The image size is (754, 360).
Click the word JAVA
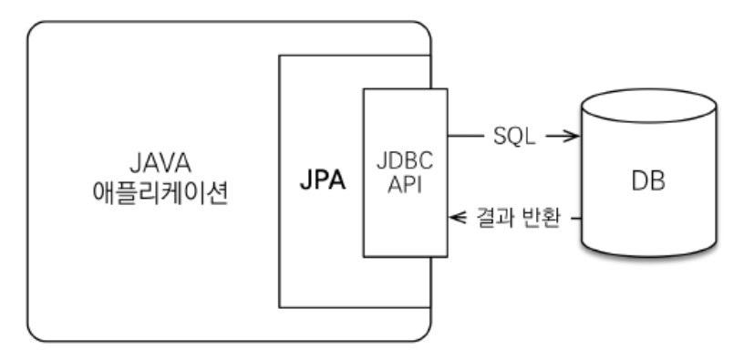[152, 168]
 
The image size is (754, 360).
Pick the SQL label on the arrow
[515, 138]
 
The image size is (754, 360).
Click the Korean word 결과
[496, 219]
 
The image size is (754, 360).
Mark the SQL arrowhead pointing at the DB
[573, 138]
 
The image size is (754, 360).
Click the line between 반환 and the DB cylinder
[573, 219]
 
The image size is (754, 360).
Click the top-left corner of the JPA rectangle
[279, 56]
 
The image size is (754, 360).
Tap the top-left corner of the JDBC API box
[363, 88]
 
